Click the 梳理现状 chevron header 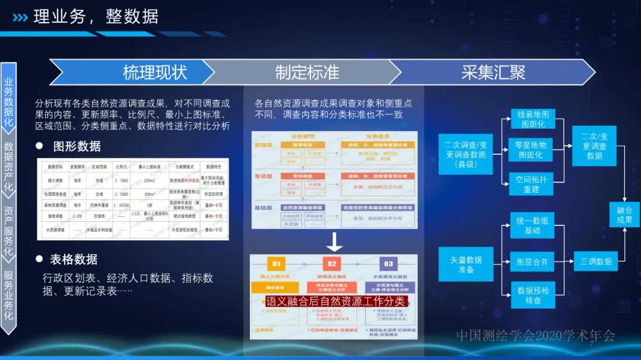(154, 72)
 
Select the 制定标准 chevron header (307, 72)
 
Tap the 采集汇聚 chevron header (493, 72)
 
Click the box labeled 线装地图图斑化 (532, 119)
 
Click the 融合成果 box (624, 214)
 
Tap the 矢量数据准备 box (466, 265)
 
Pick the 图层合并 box (532, 261)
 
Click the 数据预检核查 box (532, 295)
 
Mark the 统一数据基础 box (532, 225)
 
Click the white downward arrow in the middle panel (334, 241)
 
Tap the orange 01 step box (276, 264)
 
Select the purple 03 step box (388, 264)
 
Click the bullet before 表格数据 (40, 259)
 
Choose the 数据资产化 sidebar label (8, 164)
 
